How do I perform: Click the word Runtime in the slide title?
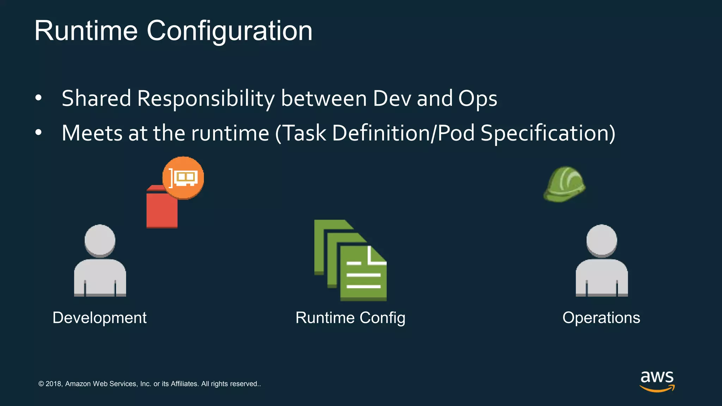[x=86, y=31]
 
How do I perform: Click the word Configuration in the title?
[x=229, y=31]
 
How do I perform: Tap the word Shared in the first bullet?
[x=96, y=98]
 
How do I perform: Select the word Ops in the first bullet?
[x=478, y=99]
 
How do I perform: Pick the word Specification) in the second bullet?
[x=548, y=133]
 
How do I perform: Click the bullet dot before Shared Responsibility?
[x=38, y=98]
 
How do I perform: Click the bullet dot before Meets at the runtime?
[x=38, y=133]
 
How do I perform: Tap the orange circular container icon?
[x=183, y=178]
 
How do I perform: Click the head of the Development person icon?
[x=100, y=240]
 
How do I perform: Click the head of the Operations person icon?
[x=601, y=240]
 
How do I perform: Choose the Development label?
[x=99, y=318]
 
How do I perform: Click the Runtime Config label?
[x=350, y=318]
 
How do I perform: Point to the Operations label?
[x=601, y=318]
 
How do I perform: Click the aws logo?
[x=657, y=381]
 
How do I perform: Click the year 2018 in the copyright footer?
[x=53, y=384]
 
